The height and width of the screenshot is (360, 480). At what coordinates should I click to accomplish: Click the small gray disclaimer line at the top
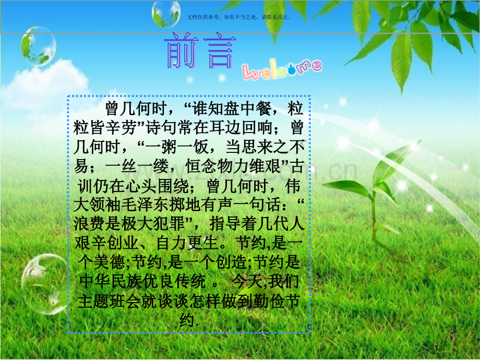pyautogui.click(x=238, y=17)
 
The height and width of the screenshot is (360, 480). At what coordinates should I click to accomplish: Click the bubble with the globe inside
pyautogui.click(x=38, y=46)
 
